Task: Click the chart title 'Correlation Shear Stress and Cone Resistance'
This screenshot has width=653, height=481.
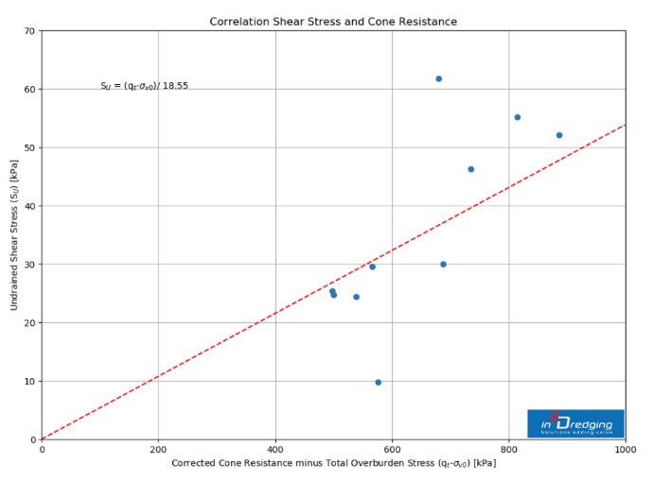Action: click(333, 22)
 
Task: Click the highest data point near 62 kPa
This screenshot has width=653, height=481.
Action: click(438, 78)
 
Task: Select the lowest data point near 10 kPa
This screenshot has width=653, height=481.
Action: click(378, 382)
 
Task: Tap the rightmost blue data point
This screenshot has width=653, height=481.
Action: click(559, 135)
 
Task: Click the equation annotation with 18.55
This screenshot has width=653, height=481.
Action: click(144, 86)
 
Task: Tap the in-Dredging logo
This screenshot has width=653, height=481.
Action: click(575, 423)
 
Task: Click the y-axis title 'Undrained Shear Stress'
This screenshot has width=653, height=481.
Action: click(14, 235)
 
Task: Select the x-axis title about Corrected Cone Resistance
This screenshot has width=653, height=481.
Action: click(333, 463)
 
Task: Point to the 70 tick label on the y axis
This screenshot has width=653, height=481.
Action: click(28, 31)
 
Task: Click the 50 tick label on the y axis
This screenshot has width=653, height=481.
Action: click(28, 147)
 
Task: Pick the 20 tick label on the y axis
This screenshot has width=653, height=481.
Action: click(28, 323)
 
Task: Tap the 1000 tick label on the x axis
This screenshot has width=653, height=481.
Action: click(625, 450)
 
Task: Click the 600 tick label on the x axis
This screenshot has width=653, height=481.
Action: click(392, 450)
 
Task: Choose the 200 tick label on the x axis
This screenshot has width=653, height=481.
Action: click(158, 450)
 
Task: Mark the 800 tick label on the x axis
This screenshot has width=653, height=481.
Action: click(509, 450)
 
